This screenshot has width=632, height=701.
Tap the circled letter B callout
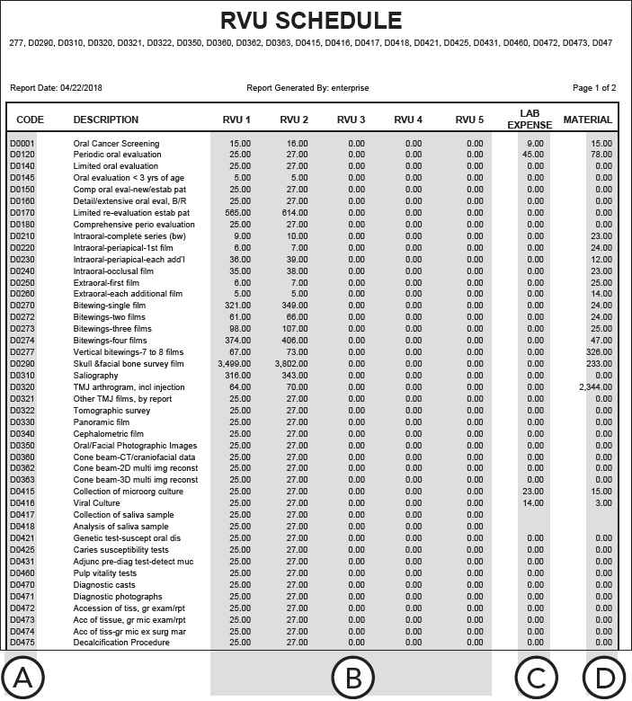tap(352, 677)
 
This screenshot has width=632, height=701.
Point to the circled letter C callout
tap(536, 677)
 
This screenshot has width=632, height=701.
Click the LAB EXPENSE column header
tap(529, 120)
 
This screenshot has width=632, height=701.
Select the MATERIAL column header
tap(587, 120)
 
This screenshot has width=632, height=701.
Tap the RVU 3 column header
tap(351, 120)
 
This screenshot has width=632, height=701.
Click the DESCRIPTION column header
tap(106, 120)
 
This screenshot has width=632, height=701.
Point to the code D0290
tap(22, 364)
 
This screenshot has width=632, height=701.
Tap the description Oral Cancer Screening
tap(116, 144)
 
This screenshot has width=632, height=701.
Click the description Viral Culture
tap(96, 503)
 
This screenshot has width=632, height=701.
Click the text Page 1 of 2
tap(593, 88)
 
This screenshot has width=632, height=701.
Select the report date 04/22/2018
tap(82, 88)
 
